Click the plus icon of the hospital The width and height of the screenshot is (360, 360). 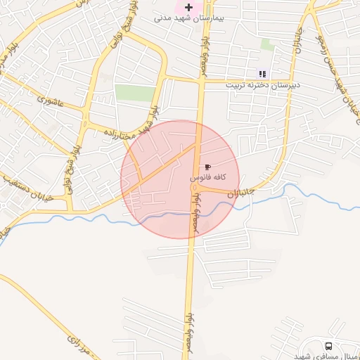[x=188, y=6]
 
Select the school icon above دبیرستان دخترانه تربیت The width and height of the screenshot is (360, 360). [x=262, y=74]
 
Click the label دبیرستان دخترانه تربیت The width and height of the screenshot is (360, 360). [x=262, y=84]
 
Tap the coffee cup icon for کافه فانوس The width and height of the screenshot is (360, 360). [x=207, y=167]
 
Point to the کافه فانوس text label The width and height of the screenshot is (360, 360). [x=207, y=179]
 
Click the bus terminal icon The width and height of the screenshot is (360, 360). [x=328, y=346]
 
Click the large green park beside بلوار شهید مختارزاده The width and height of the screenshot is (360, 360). [x=135, y=93]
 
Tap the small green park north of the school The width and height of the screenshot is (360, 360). [x=268, y=44]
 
